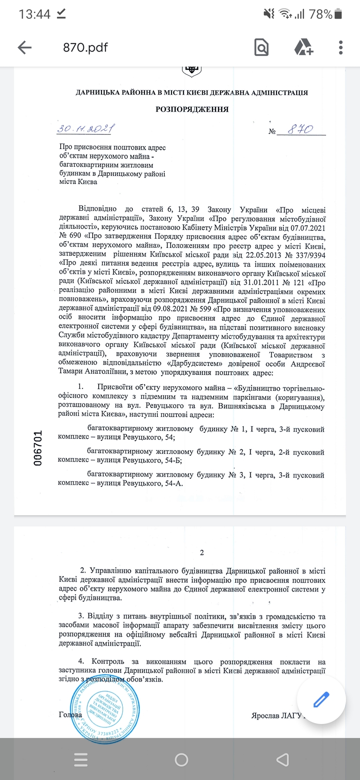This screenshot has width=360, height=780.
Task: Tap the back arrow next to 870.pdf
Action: pyautogui.click(x=25, y=48)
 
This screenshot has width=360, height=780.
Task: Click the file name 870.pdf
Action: pyautogui.click(x=85, y=48)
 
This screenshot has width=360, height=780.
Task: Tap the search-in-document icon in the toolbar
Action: pyautogui.click(x=261, y=48)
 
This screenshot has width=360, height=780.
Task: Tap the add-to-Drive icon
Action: pyautogui.click(x=304, y=48)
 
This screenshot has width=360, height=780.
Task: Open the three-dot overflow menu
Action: pyautogui.click(x=341, y=48)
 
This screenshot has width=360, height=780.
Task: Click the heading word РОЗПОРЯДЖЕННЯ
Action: pyautogui.click(x=192, y=110)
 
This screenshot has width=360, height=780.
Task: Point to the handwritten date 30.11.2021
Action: pyautogui.click(x=86, y=129)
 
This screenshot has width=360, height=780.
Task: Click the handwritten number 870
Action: pyautogui.click(x=300, y=129)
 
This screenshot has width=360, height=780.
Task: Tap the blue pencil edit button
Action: pyautogui.click(x=321, y=699)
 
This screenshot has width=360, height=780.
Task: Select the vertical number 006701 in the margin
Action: pyautogui.click(x=38, y=448)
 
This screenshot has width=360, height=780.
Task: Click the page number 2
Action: pyautogui.click(x=202, y=553)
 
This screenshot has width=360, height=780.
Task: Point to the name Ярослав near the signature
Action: pyautogui.click(x=265, y=716)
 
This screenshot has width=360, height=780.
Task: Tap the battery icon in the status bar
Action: pyautogui.click(x=338, y=14)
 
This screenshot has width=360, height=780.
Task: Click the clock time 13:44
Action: pyautogui.click(x=34, y=14)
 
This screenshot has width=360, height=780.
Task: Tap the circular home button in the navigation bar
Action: pyautogui.click(x=181, y=759)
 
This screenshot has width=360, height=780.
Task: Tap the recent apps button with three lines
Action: pyautogui.click(x=81, y=759)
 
